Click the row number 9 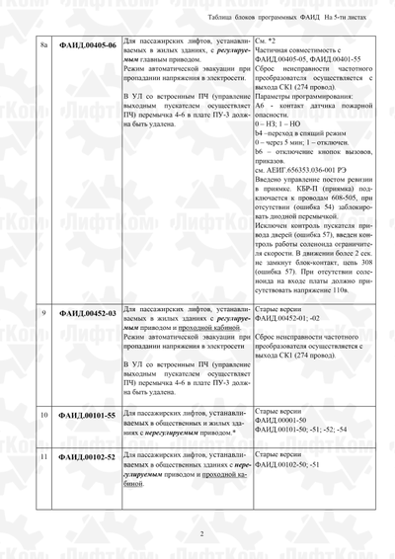coord(42,313)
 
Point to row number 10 coord(42,415)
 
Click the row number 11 coord(42,458)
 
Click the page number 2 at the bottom coord(201,533)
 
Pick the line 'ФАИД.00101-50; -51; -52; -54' coord(301,429)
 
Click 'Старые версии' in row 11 coord(277,453)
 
